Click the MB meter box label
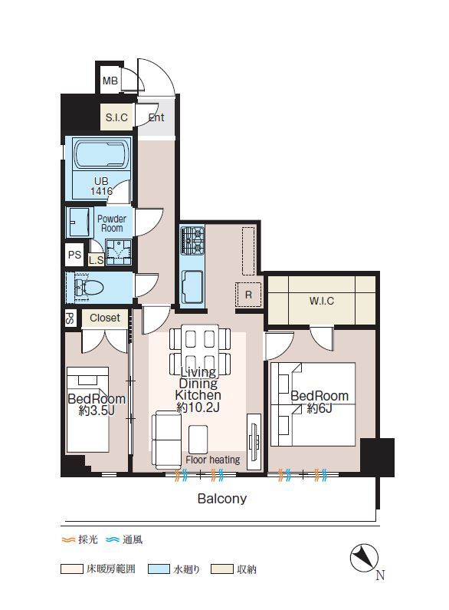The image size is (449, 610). (110, 81)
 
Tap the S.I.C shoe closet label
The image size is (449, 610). (116, 117)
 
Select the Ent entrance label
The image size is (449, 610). (156, 117)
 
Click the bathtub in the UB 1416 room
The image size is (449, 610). (101, 156)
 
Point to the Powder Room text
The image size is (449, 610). (112, 224)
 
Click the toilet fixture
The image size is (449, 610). (90, 288)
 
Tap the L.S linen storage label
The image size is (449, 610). (96, 260)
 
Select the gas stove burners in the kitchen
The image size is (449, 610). (192, 241)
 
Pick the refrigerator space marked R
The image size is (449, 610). (248, 295)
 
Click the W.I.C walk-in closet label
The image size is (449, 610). (322, 301)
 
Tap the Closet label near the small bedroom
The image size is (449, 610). (105, 318)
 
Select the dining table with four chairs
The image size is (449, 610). (200, 348)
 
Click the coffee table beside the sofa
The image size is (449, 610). (198, 439)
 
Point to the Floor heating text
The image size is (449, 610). (213, 460)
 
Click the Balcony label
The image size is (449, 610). (222, 499)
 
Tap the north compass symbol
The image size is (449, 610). (364, 558)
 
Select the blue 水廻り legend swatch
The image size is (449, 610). (159, 569)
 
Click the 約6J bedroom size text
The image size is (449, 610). (320, 408)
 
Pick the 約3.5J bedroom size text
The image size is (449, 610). (97, 411)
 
